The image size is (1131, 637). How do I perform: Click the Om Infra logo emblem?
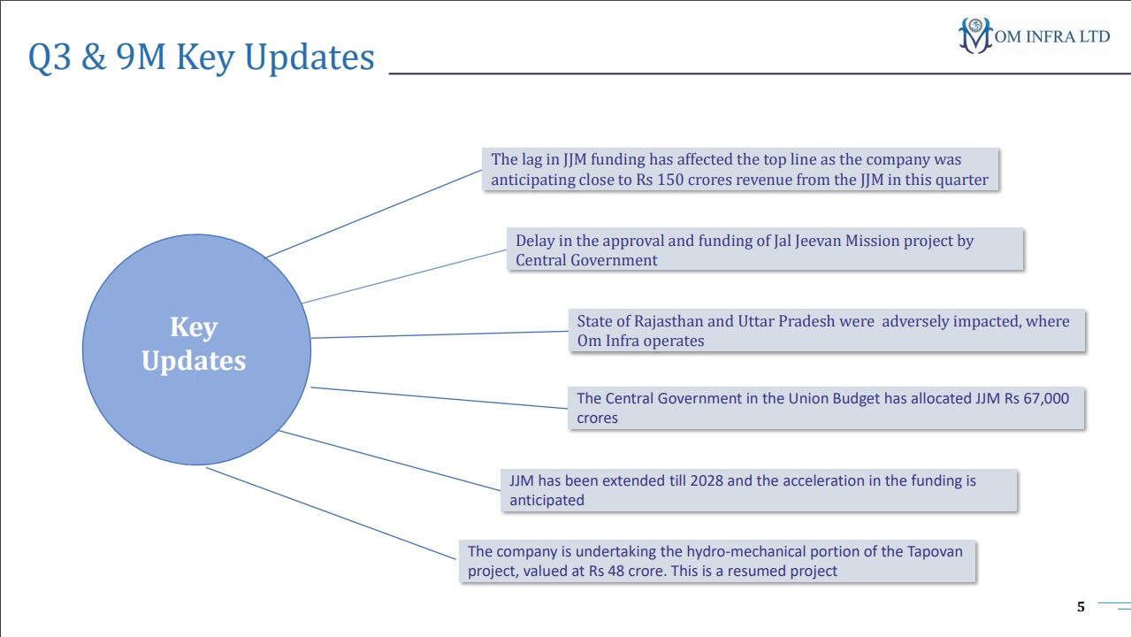point(975,35)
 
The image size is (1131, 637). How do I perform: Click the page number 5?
point(1081,607)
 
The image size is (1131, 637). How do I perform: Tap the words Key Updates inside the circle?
point(194,344)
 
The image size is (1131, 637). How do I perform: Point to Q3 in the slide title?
point(50,57)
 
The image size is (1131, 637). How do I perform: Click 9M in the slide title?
point(141,56)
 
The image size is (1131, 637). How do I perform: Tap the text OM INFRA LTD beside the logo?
point(1051,36)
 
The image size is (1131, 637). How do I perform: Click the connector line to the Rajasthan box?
point(439,334)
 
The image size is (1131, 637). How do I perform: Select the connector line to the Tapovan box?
point(332,513)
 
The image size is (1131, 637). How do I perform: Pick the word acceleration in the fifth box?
point(823,480)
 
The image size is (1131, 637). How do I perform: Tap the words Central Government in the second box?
point(586,260)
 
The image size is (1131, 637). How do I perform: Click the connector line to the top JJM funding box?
point(374,214)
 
